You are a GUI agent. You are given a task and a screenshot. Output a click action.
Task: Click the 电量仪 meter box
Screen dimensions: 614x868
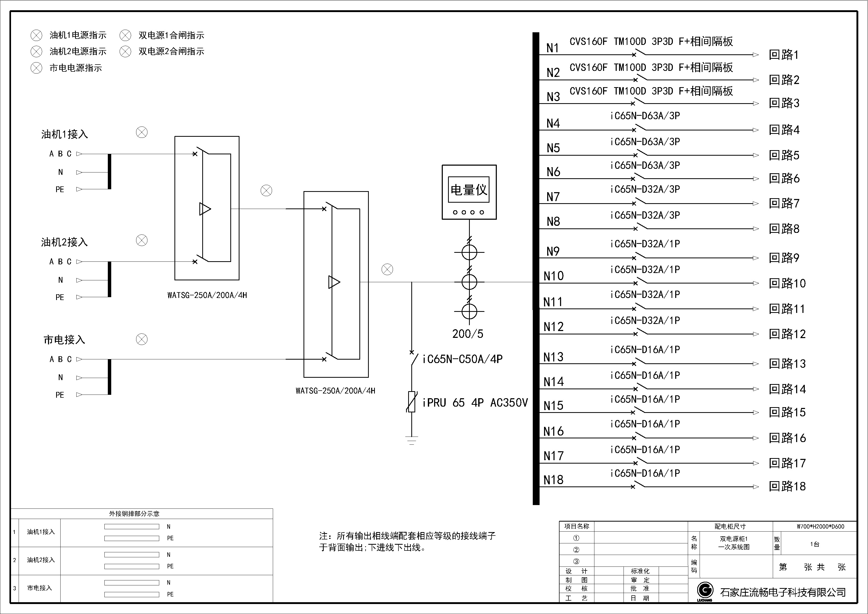tap(469, 192)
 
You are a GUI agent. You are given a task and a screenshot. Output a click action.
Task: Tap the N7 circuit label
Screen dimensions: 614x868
tap(553, 197)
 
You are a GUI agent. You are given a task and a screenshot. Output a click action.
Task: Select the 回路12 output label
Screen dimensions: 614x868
tap(787, 334)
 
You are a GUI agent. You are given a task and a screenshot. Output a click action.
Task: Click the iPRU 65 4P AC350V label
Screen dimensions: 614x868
tap(475, 402)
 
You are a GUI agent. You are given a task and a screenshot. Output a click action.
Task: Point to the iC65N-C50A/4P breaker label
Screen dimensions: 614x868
tap(462, 359)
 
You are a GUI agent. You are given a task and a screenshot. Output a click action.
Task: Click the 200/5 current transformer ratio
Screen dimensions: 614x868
tap(468, 334)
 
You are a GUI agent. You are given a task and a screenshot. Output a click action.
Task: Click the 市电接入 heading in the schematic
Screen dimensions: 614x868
tap(64, 340)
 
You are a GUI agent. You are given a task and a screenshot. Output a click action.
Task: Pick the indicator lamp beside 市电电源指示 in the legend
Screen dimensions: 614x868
tap(36, 68)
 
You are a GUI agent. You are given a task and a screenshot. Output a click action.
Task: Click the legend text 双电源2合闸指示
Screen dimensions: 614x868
tap(171, 51)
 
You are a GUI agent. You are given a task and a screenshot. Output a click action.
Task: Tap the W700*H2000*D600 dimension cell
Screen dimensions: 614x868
tap(815, 526)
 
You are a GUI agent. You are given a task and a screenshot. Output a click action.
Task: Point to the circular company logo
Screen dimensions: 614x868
tap(705, 590)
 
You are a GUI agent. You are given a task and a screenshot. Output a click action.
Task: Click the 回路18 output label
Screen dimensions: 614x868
tap(787, 486)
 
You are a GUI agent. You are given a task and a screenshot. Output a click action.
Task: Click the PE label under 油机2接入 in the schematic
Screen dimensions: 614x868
tap(60, 297)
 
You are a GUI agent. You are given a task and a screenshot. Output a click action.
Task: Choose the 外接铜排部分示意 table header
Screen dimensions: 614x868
tap(134, 514)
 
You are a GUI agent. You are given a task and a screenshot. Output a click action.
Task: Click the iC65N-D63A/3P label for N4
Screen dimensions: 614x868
tap(645, 116)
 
